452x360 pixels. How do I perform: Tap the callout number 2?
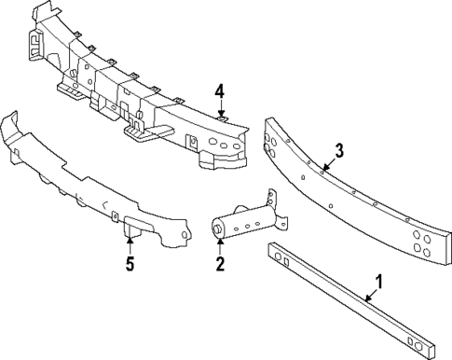[220, 264]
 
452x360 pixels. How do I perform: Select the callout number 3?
[339, 149]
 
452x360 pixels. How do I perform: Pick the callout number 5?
[130, 264]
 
